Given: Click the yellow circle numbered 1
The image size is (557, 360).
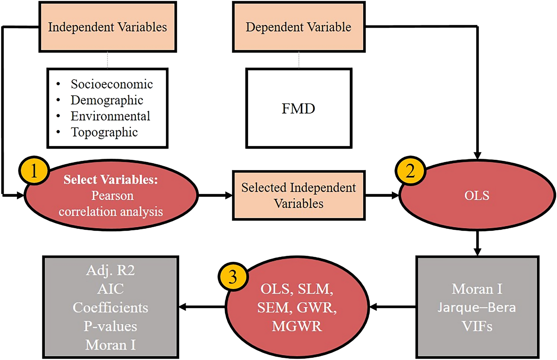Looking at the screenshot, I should tap(34, 171).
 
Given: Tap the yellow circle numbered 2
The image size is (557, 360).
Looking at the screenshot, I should tap(410, 171).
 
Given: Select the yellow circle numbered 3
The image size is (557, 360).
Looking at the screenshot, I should tap(233, 277).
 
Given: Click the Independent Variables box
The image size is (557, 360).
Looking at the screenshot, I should tap(108, 27).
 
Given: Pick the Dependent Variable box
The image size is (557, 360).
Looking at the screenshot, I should tap(298, 27).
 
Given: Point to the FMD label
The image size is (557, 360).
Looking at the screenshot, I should tap(298, 109).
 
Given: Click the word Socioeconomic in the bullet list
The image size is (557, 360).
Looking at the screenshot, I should tap(112, 84).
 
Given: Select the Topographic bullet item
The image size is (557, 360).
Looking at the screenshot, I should tap(104, 132).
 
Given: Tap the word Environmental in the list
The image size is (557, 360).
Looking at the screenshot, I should tap(110, 116).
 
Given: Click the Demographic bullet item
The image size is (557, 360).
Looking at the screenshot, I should tap(107, 100).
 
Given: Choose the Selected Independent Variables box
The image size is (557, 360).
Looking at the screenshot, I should tap(298, 195).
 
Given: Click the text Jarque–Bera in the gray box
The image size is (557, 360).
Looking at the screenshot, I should tap(476, 307).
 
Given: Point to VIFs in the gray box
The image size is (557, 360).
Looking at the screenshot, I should tap(477, 326).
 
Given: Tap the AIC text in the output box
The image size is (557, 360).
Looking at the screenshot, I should tap(110, 289).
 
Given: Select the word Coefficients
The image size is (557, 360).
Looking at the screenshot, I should tap(110, 308).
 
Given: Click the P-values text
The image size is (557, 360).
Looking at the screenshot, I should tap(110, 326).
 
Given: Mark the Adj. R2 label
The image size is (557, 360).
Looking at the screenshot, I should tap(110, 270).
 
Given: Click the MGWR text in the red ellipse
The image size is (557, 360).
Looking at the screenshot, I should tap(297, 326).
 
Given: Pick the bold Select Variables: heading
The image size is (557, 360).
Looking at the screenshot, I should tap(111, 180).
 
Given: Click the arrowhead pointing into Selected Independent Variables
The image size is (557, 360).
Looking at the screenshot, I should tap(229, 195).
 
